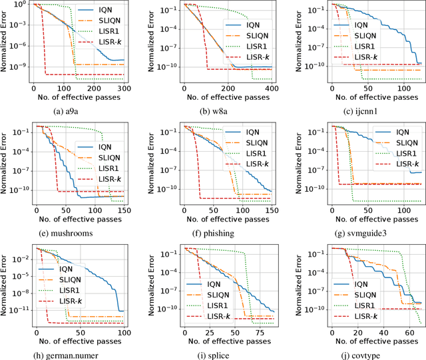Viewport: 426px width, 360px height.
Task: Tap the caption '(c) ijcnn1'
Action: (358, 111)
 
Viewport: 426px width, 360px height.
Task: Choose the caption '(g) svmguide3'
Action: (358, 234)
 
